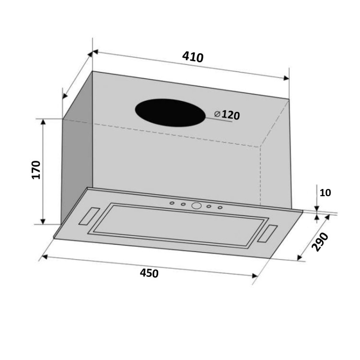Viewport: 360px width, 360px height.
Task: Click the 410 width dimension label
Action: click(193, 58)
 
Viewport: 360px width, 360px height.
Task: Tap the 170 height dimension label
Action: click(36, 170)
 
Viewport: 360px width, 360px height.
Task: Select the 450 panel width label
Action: click(149, 273)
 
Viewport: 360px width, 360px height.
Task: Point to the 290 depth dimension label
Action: click(320, 242)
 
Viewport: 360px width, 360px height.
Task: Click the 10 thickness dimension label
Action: click(325, 193)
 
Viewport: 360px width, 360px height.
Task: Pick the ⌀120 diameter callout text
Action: click(227, 115)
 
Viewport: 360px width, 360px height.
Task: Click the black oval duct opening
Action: click(170, 113)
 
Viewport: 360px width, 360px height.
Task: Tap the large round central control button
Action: click(197, 206)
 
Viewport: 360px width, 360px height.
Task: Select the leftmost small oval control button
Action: click(172, 203)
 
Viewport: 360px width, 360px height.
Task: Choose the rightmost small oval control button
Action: click(220, 207)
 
